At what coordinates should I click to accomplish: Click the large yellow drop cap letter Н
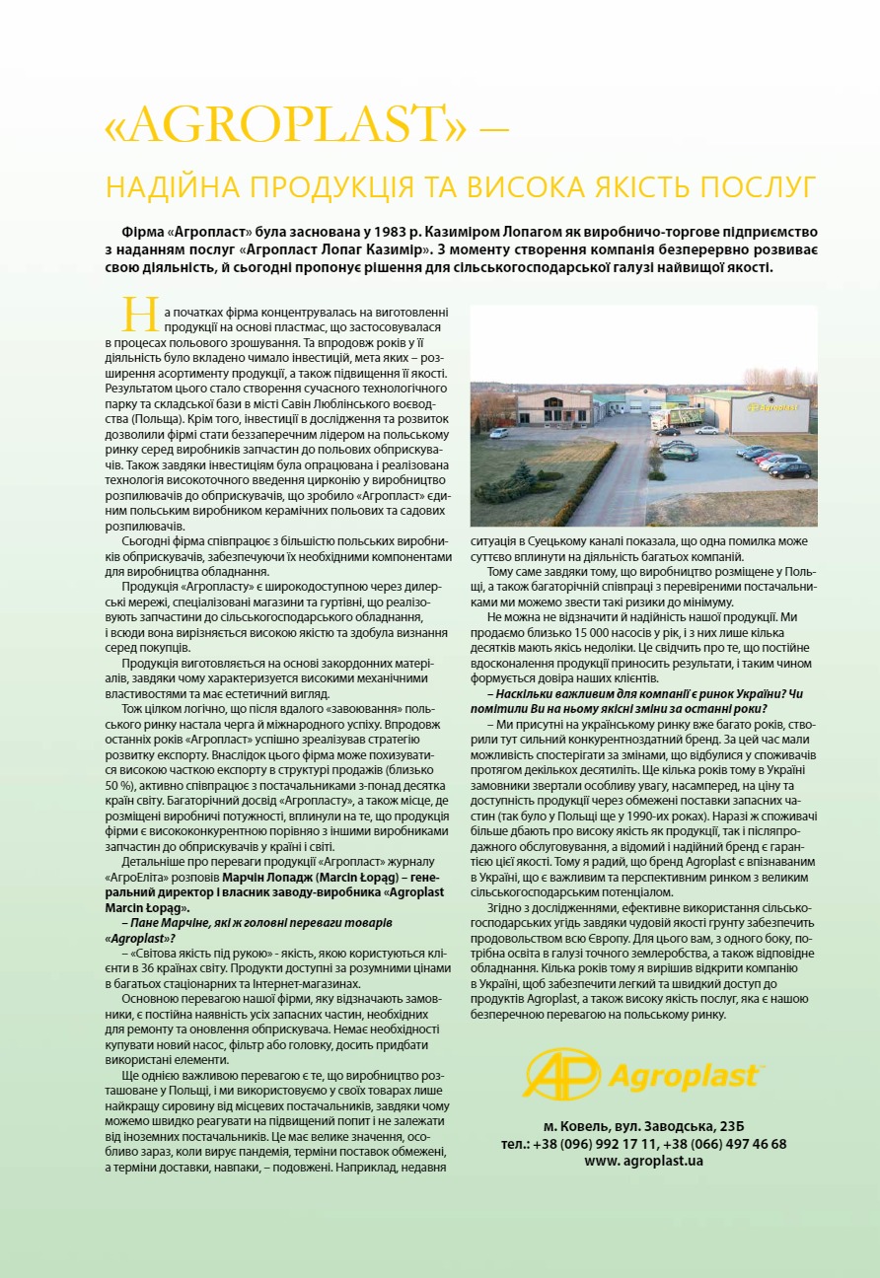click(x=140, y=313)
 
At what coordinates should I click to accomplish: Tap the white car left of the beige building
click(x=499, y=432)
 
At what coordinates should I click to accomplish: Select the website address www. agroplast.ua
click(x=643, y=1161)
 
